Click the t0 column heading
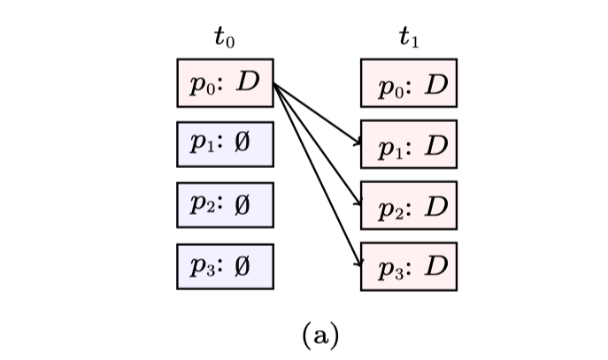[x=225, y=37]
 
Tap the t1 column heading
[x=409, y=37]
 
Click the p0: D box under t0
[x=225, y=82]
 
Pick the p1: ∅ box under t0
[x=225, y=143]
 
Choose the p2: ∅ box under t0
[x=225, y=204]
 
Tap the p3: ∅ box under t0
[x=225, y=265]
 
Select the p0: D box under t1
[x=409, y=82]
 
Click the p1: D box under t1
[x=409, y=143]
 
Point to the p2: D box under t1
[x=409, y=204]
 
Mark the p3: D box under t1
[x=409, y=265]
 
